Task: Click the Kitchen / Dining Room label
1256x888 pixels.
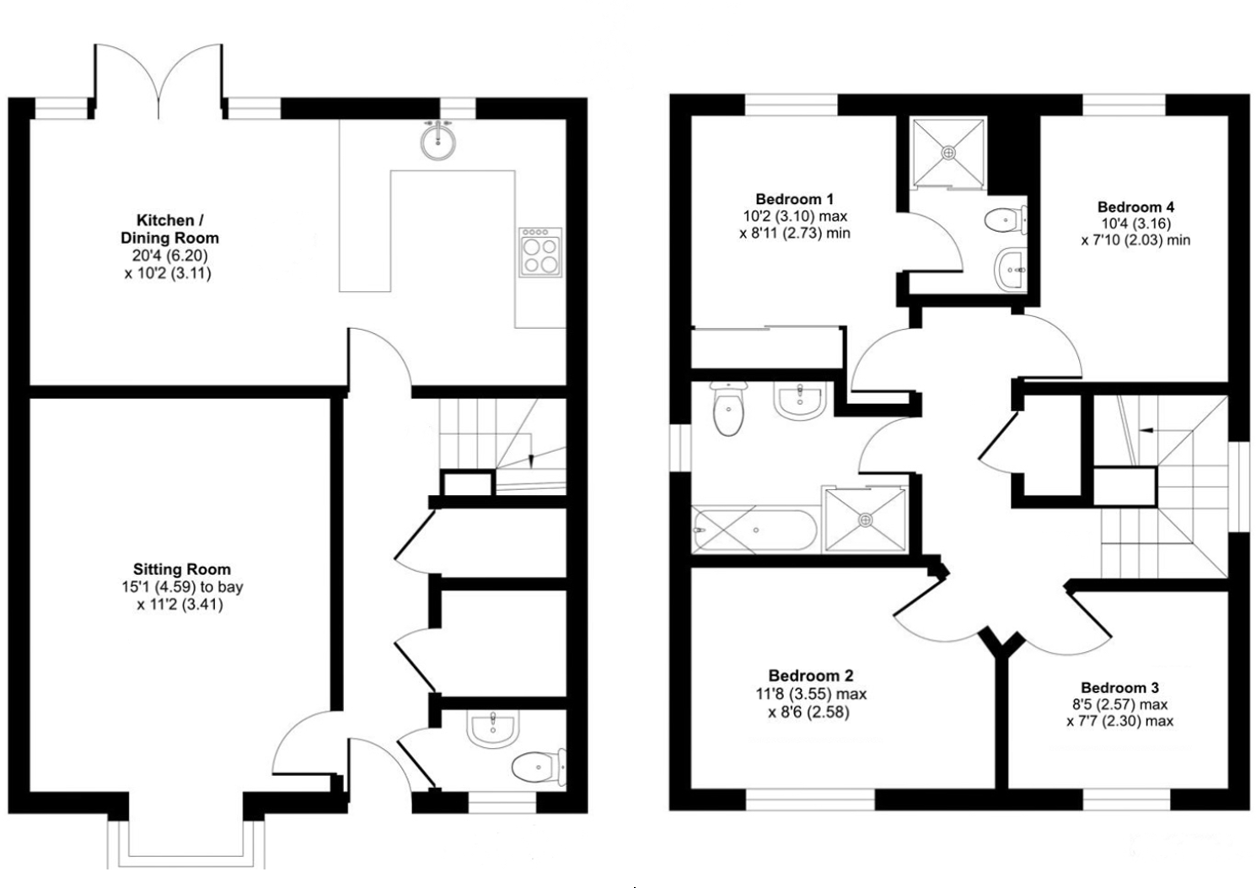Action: click(x=169, y=229)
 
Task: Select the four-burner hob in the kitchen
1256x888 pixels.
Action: click(x=539, y=250)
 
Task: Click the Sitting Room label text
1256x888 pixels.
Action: click(x=181, y=569)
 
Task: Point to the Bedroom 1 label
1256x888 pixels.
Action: click(x=794, y=199)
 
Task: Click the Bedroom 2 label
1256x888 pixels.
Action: click(x=810, y=675)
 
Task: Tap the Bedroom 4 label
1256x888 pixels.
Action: click(x=1135, y=207)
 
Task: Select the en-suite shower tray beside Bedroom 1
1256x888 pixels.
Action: click(x=948, y=152)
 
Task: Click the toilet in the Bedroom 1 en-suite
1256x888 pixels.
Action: click(x=1005, y=220)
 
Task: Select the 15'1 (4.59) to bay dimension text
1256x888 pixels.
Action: click(x=181, y=587)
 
